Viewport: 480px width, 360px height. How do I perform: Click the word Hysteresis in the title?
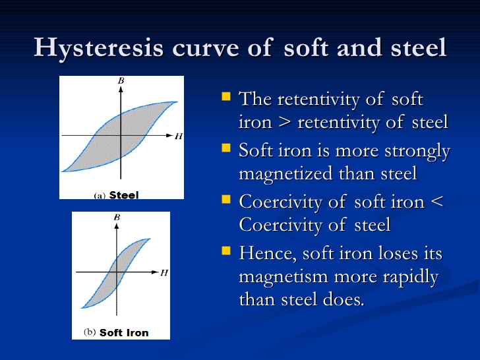pyautogui.click(x=99, y=47)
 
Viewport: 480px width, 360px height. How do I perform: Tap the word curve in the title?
pyautogui.click(x=206, y=48)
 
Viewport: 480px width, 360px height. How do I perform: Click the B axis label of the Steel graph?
pyautogui.click(x=121, y=80)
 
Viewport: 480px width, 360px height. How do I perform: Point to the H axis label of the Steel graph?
pyautogui.click(x=179, y=136)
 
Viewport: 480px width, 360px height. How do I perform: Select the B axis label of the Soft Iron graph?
pyautogui.click(x=117, y=217)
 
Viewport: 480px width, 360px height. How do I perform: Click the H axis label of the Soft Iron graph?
pyautogui.click(x=164, y=272)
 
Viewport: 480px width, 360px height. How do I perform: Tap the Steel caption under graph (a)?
pyautogui.click(x=124, y=195)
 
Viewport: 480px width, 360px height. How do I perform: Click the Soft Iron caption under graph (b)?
pyautogui.click(x=124, y=332)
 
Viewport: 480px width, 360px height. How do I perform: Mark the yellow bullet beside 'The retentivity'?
pyautogui.click(x=226, y=96)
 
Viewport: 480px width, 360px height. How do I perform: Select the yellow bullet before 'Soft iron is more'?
pyautogui.click(x=226, y=148)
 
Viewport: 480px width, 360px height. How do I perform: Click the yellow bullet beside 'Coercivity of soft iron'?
pyautogui.click(x=226, y=199)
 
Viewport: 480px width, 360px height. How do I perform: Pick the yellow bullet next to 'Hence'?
pyautogui.click(x=226, y=251)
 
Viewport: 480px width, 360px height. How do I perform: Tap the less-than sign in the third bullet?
pyautogui.click(x=437, y=202)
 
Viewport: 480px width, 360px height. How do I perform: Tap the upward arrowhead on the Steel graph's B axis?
pyautogui.click(x=121, y=89)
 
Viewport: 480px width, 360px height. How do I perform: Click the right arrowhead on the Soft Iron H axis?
pyautogui.click(x=155, y=272)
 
